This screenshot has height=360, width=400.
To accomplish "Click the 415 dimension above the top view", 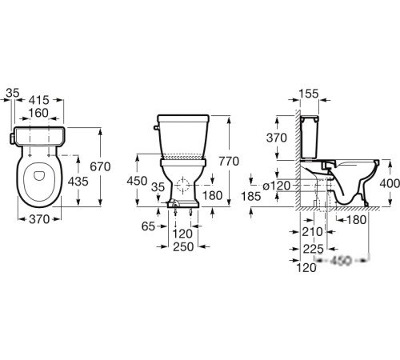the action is (x=39, y=100).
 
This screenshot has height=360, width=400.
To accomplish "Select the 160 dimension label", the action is (x=38, y=113).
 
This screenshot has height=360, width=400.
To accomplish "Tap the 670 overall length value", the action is (x=100, y=166).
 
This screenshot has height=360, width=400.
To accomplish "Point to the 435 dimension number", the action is (x=78, y=182).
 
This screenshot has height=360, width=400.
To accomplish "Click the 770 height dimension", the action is (x=229, y=162).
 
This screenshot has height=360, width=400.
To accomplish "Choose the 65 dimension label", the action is (x=148, y=226).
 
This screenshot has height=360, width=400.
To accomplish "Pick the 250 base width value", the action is (x=183, y=247).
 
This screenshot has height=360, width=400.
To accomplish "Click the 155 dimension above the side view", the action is (x=309, y=94).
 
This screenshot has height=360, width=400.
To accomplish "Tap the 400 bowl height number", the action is (x=390, y=183).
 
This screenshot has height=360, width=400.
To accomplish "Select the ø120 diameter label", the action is (x=276, y=186).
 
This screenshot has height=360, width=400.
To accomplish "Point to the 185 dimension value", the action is (x=251, y=197).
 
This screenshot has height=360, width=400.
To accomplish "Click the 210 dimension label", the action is (x=312, y=232).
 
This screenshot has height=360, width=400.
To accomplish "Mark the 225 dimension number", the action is (x=314, y=249).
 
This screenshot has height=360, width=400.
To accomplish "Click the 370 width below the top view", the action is (x=39, y=219).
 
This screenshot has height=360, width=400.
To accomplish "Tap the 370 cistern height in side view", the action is (x=277, y=138).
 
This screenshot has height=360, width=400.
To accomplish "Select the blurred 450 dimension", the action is (x=342, y=260).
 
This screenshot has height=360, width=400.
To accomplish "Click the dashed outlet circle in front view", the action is (x=182, y=185).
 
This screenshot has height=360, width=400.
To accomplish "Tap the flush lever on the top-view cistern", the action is (x=12, y=138).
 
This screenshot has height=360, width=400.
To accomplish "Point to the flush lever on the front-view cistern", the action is (x=156, y=128).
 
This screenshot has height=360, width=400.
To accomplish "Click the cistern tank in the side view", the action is (x=310, y=137).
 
